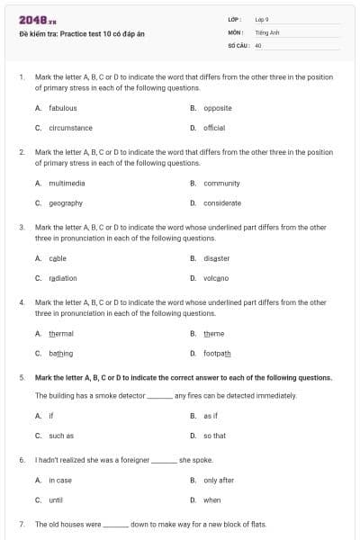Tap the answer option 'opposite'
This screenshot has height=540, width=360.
point(218,108)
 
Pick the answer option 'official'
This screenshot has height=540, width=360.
point(214,128)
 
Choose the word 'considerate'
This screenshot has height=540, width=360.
point(222,202)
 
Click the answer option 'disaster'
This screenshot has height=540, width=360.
point(217,257)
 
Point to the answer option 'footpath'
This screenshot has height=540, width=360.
point(217,353)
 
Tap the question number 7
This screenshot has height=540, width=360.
point(21,524)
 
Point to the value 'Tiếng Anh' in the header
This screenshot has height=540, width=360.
point(264,31)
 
